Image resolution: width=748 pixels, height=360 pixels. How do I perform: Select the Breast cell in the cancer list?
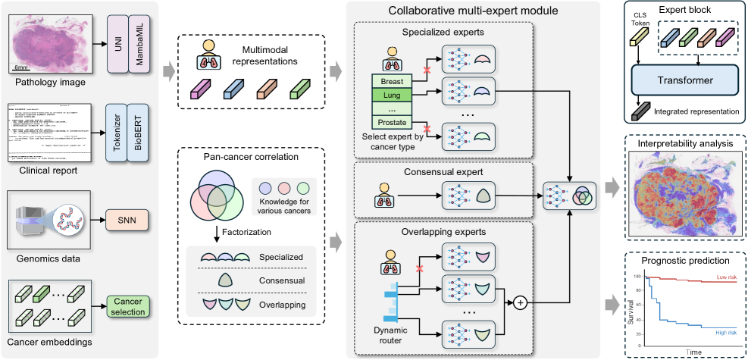(x=393, y=81)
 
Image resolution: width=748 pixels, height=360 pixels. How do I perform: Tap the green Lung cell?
(x=393, y=95)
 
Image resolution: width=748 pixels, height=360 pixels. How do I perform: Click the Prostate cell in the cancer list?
(x=393, y=122)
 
